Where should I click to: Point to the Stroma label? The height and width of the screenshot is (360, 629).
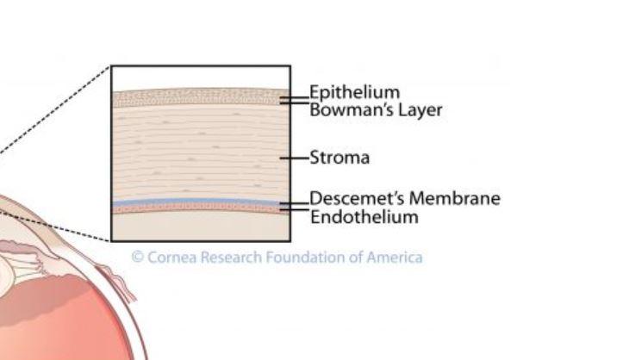(x=339, y=158)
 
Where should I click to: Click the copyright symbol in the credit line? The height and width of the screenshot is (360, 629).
(x=136, y=257)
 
